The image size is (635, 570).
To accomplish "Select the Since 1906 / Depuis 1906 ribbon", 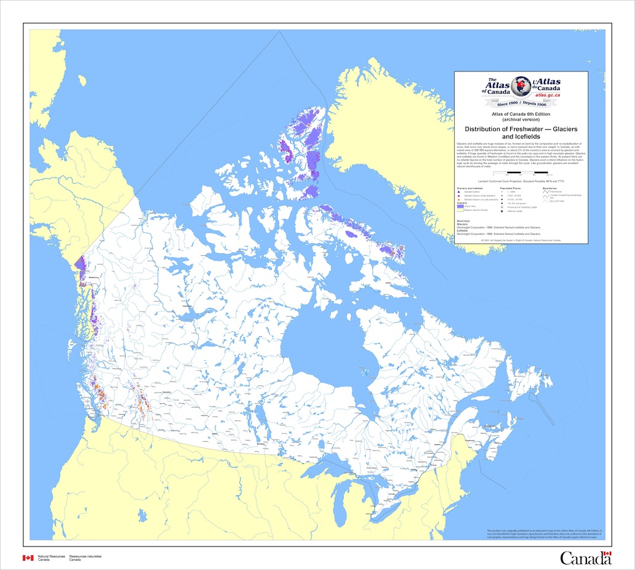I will click(x=521, y=104).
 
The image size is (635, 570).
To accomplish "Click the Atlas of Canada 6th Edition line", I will click(x=521, y=115).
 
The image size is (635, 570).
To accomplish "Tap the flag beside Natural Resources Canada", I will click(x=28, y=557).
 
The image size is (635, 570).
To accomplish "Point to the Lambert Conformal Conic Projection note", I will click(x=521, y=181).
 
